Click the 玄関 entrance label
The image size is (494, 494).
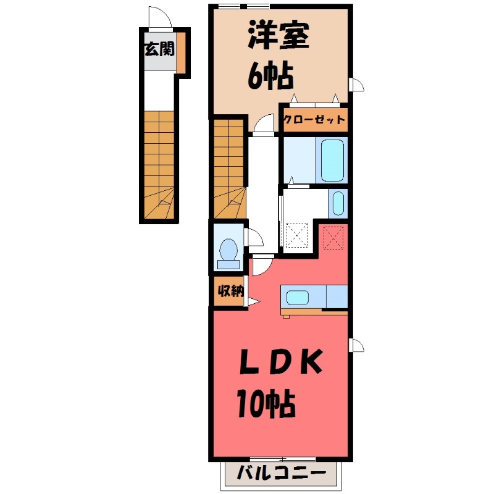tap(158, 50)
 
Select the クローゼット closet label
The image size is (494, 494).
tap(314, 120)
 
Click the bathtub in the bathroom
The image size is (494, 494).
tap(332, 160)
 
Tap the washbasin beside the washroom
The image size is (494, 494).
tap(338, 204)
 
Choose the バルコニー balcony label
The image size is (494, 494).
tap(282, 475)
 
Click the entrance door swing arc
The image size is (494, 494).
tap(159, 19)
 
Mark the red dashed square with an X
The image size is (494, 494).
tap(334, 237)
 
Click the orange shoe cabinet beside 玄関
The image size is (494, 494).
tap(182, 52)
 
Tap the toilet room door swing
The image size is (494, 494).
tap(253, 238)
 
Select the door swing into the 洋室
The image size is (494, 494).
tap(264, 124)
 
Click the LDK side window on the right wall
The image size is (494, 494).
tap(356, 345)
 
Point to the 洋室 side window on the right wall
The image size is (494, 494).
tap(356, 85)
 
